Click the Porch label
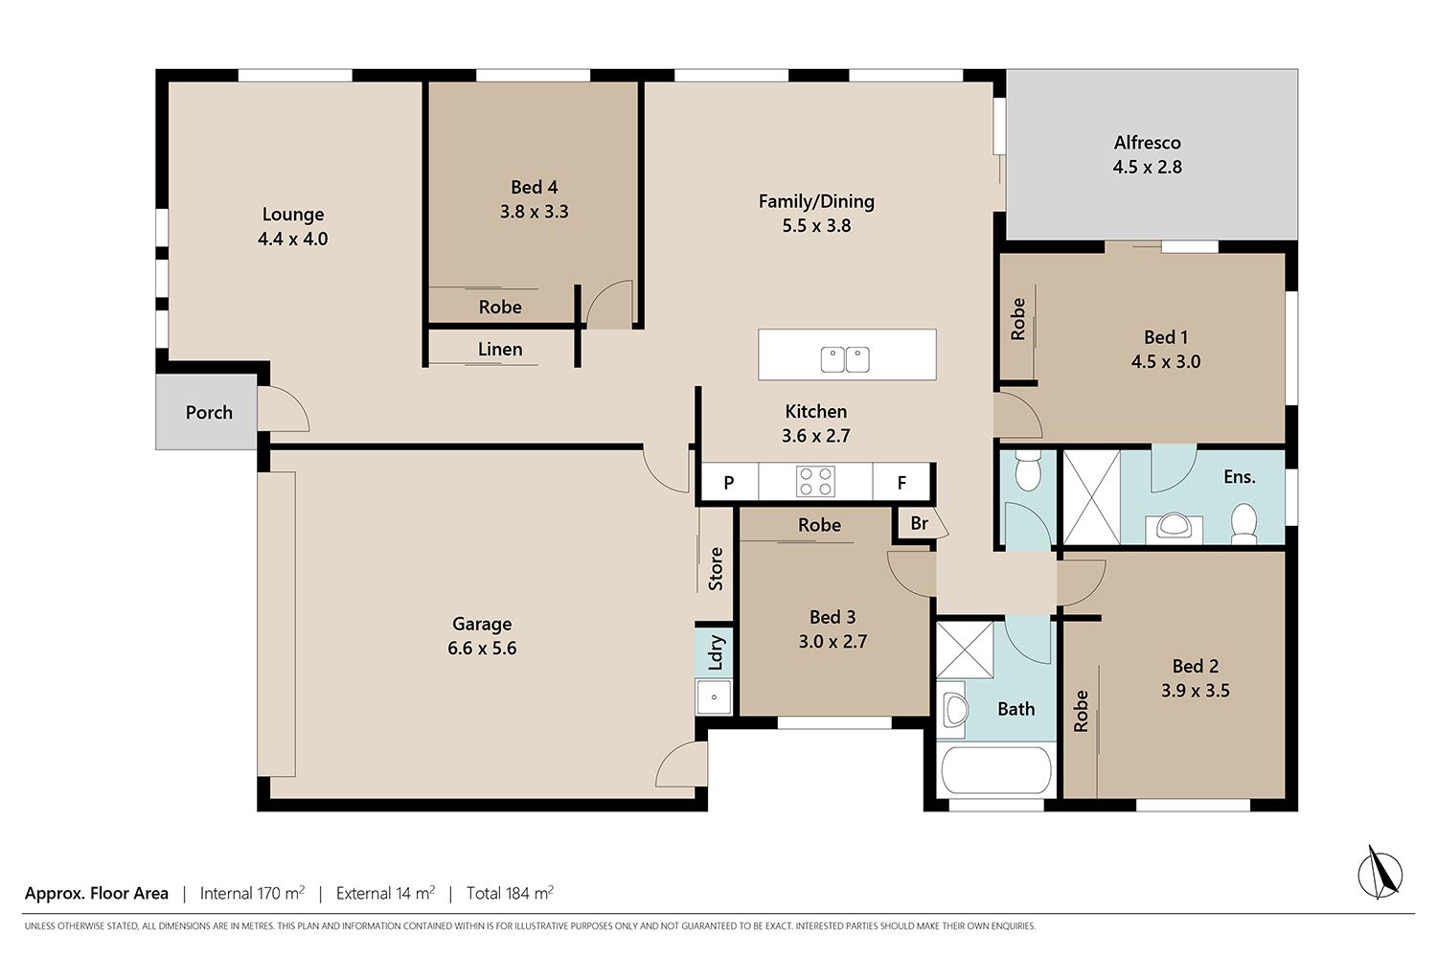coord(209,412)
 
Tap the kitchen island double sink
coord(845,359)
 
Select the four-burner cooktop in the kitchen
coord(815,481)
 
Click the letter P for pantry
coord(729,483)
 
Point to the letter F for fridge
coord(901,483)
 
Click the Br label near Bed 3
coord(920,523)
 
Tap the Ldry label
coord(716,652)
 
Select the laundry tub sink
coord(714,696)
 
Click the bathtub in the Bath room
coord(995,770)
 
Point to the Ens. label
coord(1240,477)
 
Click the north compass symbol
coord(1380,874)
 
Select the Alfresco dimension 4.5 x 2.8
coord(1147,167)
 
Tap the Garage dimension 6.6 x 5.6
coord(482,648)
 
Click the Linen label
coord(500,349)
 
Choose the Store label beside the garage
coord(716,568)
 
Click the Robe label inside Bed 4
coord(500,307)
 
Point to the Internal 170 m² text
coord(252,893)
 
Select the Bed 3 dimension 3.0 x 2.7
coord(833,641)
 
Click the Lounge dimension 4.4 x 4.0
coord(292,239)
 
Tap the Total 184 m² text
coord(510,893)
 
